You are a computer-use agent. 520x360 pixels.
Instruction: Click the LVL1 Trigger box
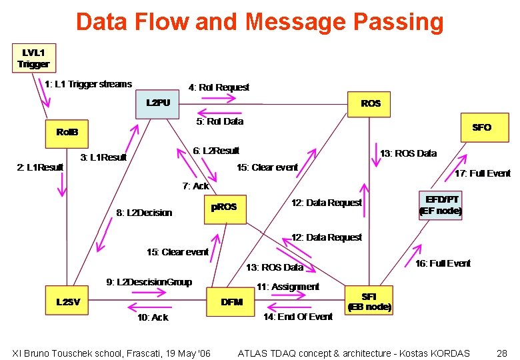(x=33, y=58)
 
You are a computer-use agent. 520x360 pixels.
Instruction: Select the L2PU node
(x=158, y=103)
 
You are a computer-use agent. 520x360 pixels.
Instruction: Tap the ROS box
(x=371, y=103)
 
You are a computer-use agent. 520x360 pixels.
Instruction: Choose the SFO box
(x=481, y=127)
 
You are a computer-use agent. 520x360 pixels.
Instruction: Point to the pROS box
(x=224, y=207)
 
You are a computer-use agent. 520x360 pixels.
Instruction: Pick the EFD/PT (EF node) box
(x=440, y=205)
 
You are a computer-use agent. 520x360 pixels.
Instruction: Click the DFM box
(x=231, y=302)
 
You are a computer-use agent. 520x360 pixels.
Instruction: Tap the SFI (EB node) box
(x=369, y=301)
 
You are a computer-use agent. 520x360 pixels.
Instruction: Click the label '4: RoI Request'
(x=219, y=87)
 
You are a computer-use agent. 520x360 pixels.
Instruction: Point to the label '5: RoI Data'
(x=219, y=121)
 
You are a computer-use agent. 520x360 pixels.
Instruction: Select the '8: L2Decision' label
(x=144, y=213)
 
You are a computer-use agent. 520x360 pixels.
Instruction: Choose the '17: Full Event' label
(x=482, y=173)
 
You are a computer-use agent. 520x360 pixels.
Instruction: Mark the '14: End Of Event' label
(x=298, y=317)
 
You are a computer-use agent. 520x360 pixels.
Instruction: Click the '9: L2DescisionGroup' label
(x=149, y=282)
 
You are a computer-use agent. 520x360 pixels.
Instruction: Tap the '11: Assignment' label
(x=288, y=287)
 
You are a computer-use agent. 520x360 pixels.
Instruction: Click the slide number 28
(x=502, y=353)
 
